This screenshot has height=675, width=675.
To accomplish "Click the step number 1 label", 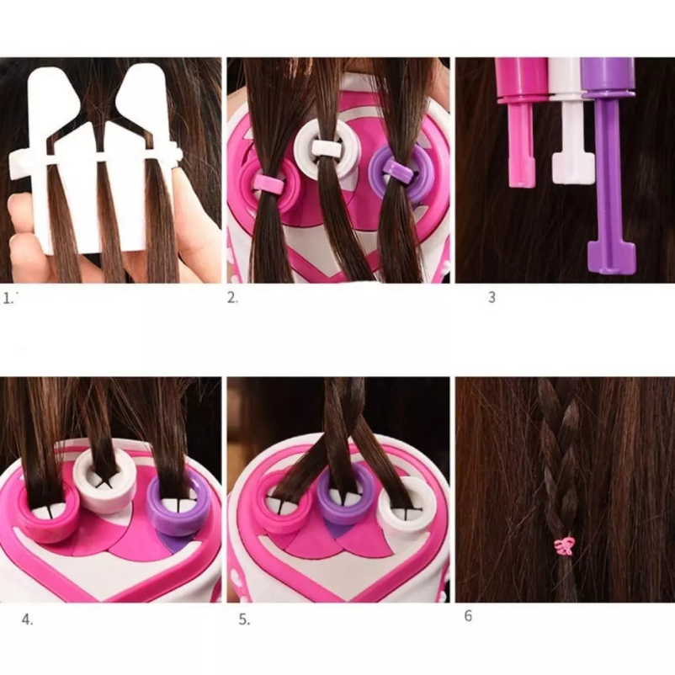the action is tap(8, 298).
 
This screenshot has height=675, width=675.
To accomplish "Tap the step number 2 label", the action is tap(232, 297).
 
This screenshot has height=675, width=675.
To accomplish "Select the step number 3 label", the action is tap(492, 297).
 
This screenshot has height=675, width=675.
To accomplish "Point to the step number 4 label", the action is tap(27, 620).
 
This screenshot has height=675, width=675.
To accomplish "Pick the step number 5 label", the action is tap(244, 620).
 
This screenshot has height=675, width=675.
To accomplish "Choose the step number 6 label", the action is tap(468, 616).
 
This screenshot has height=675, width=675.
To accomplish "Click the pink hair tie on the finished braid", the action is tap(565, 546).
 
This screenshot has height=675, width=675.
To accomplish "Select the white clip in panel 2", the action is tap(326, 149).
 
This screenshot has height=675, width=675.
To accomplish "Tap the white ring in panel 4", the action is tap(104, 477).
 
